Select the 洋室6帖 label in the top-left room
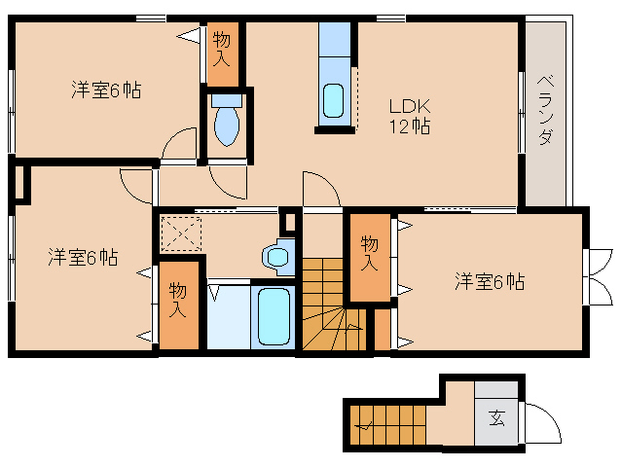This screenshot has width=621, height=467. pos(106,90)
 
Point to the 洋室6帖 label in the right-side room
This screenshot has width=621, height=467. pos(490,282)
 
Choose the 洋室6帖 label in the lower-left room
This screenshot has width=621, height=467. pos(84,258)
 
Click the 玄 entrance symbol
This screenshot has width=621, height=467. pos(496,419)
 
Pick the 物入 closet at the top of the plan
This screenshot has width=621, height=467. pos(221,49)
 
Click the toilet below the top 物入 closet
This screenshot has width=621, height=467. pos(226,121)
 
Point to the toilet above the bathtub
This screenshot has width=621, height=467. pos(276,256)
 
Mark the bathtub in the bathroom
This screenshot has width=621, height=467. pos(274,315)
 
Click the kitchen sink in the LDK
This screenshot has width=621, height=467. pos(333,101)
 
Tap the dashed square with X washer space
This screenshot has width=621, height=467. pos(181,234)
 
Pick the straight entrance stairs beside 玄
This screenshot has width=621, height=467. pos(389,423)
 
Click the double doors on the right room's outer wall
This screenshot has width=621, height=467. pos(594,278)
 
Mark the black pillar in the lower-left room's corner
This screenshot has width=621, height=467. pos(21,183)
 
